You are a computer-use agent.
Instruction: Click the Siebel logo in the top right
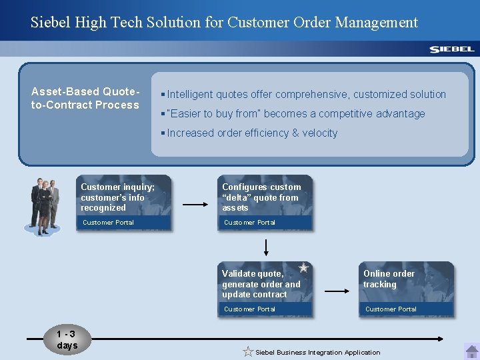coord(451,49)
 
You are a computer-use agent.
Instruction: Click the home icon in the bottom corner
coord(471,351)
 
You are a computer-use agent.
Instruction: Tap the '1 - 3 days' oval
coord(67,340)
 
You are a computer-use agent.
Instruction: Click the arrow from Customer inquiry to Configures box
coord(195,205)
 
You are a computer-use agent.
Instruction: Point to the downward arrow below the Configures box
coord(266,247)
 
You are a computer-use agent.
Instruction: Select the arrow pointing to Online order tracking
coord(337,291)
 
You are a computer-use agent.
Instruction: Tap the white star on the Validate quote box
coord(303,267)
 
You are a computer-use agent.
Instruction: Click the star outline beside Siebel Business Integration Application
coord(248,351)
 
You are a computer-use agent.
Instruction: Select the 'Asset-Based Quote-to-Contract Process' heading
coord(85,98)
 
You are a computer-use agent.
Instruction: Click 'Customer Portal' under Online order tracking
coord(391,309)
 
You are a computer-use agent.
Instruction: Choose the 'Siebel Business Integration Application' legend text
coord(318,353)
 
